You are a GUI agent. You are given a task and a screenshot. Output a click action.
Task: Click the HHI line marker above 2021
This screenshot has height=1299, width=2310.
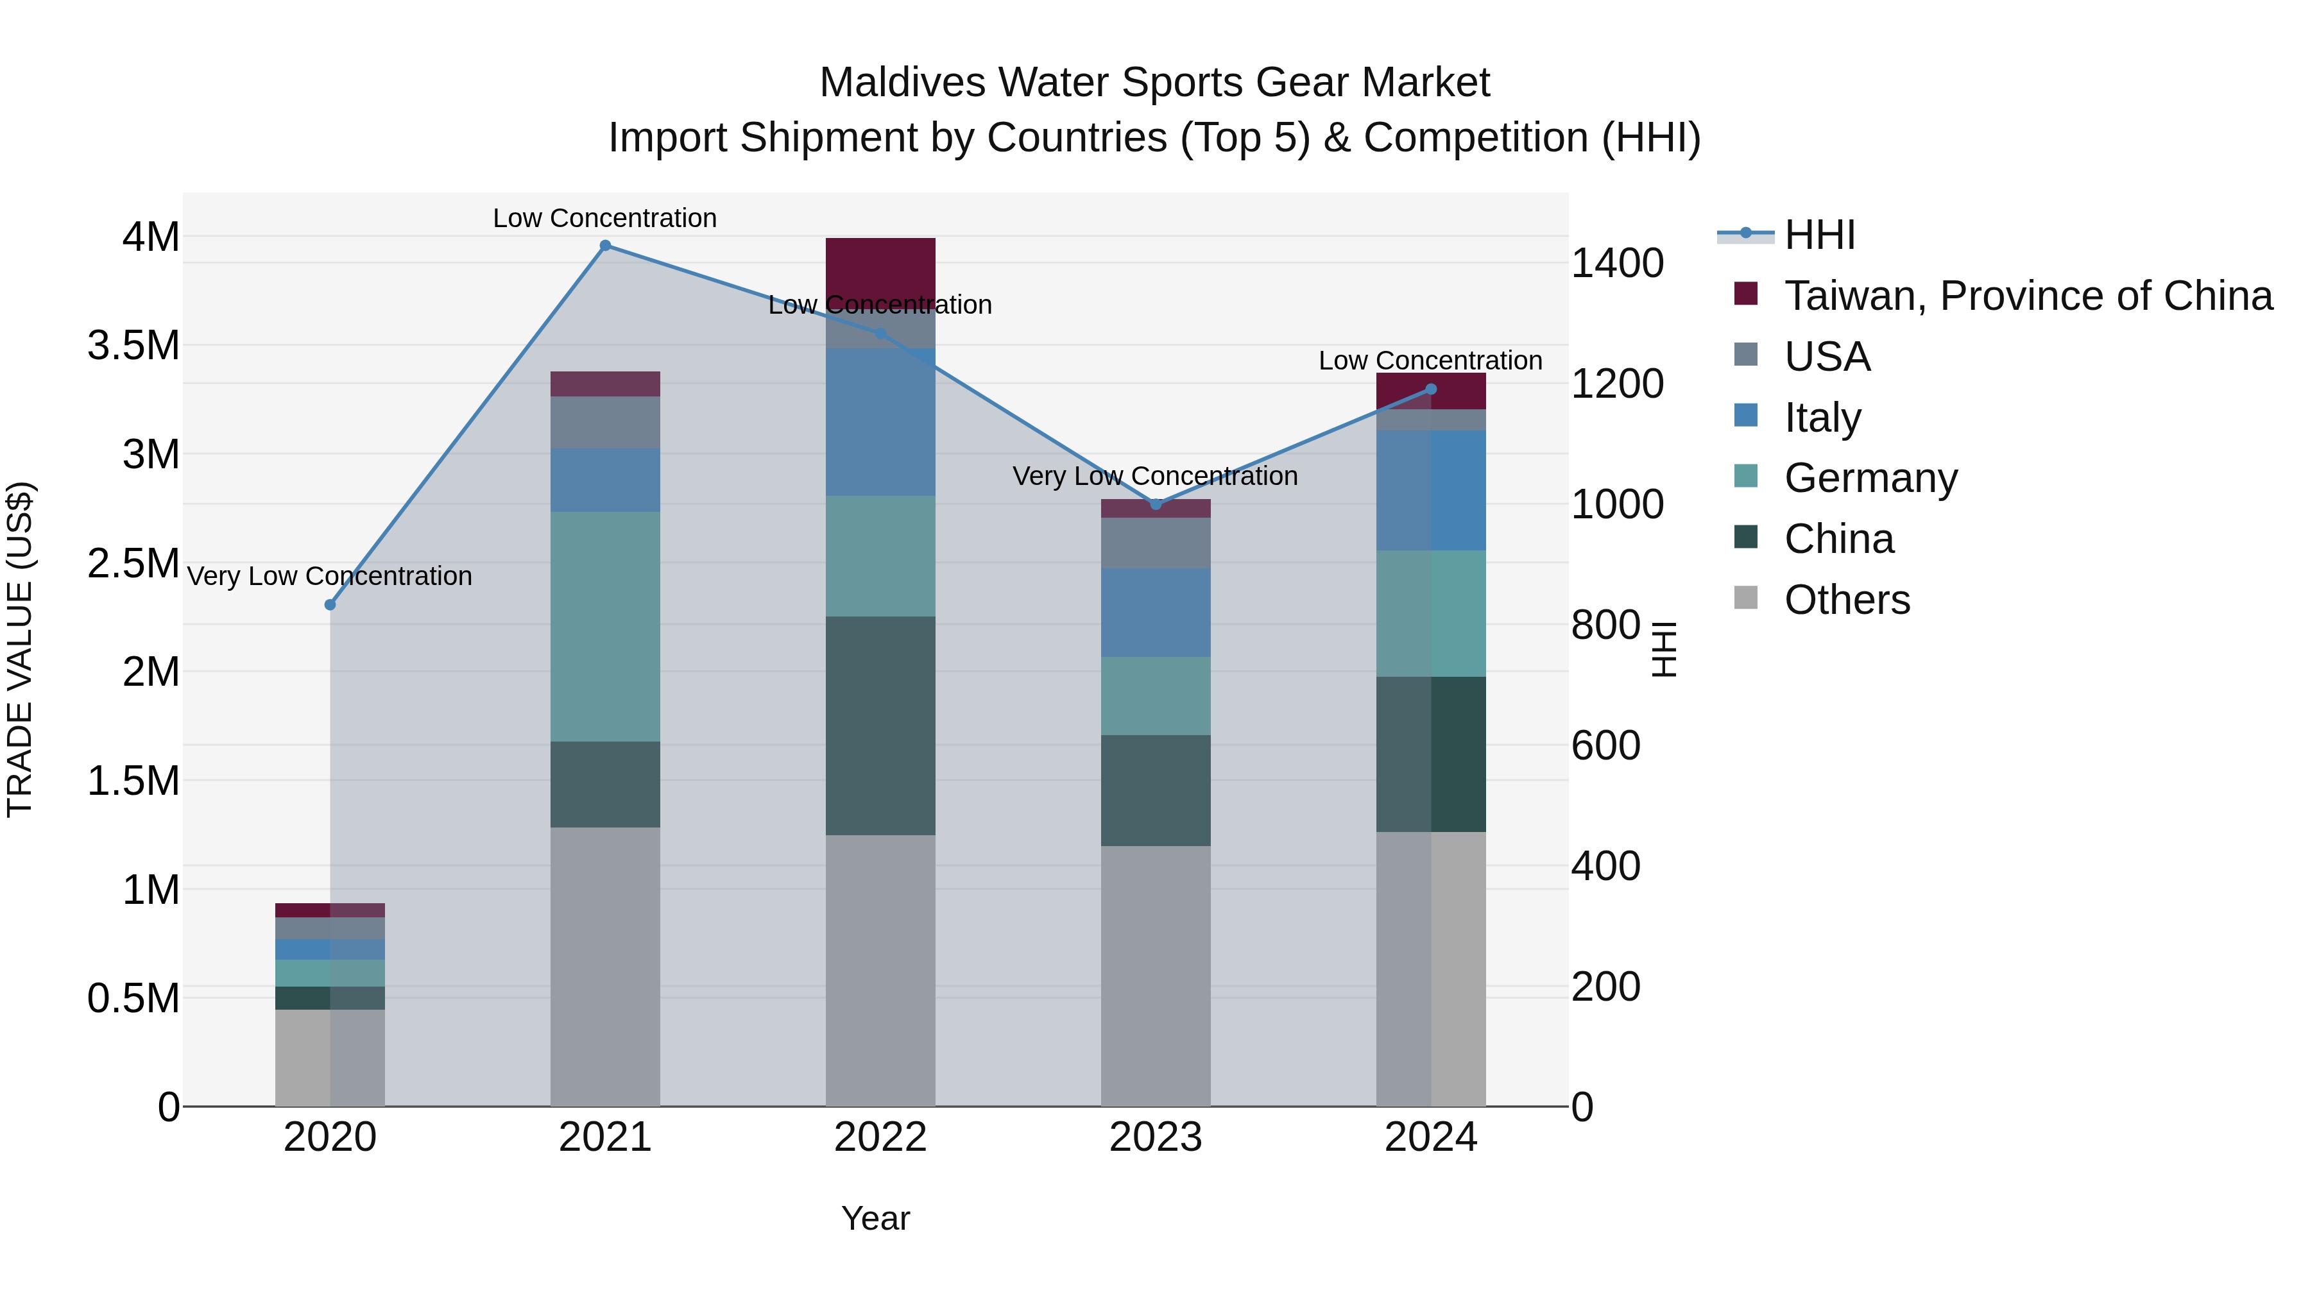605,246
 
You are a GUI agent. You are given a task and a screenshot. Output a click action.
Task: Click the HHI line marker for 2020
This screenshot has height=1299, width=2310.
330,605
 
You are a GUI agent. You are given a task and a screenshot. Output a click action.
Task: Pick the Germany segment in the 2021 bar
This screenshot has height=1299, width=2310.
605,627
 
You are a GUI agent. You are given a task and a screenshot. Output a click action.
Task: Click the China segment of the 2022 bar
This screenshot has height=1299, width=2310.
880,726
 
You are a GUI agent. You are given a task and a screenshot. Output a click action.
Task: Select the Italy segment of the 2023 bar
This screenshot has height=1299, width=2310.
1156,613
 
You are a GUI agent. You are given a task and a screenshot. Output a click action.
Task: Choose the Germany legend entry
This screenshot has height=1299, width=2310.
1870,478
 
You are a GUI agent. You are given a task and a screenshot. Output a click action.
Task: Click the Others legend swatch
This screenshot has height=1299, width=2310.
1746,598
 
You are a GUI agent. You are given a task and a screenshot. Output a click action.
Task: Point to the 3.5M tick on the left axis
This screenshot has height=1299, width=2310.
133,346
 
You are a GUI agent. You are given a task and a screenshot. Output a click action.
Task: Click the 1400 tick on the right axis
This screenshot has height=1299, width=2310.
1617,264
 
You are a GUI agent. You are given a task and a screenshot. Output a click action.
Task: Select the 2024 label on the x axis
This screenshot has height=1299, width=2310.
1430,1137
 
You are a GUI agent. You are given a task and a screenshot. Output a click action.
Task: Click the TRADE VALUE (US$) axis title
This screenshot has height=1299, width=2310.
21,649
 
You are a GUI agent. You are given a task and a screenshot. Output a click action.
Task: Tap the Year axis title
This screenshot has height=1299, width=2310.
875,1218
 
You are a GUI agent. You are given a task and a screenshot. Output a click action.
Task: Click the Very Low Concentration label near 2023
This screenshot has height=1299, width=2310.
1155,476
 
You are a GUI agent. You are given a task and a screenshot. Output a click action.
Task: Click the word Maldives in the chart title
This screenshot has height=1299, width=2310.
902,83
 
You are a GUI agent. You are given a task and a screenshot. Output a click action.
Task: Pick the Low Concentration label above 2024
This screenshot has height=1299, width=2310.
1430,361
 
